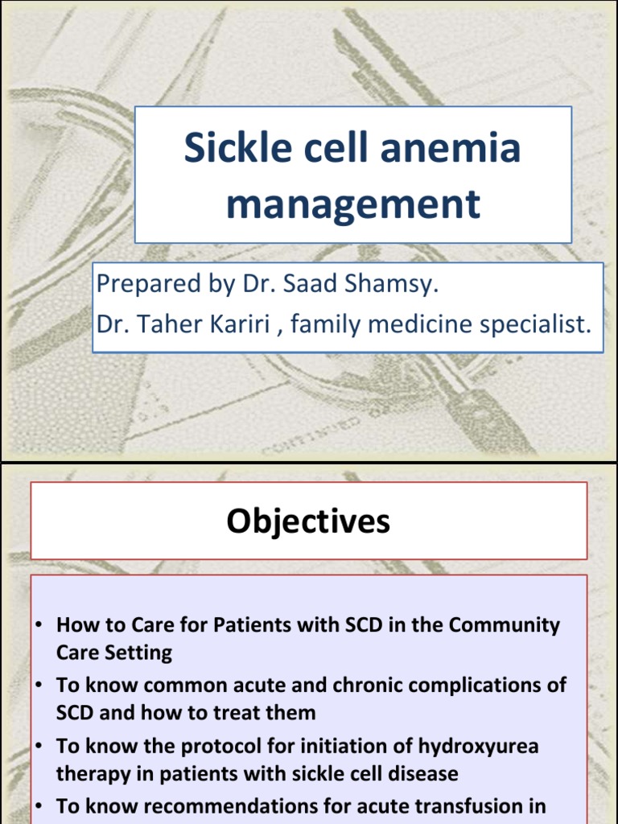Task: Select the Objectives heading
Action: click(308, 521)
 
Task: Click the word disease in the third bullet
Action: click(418, 773)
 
